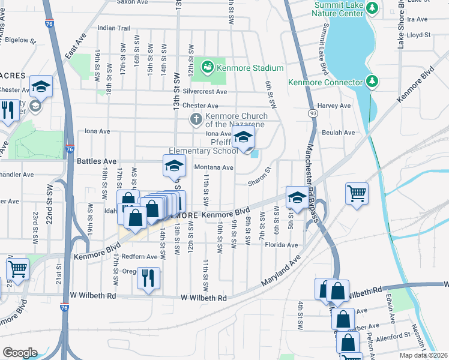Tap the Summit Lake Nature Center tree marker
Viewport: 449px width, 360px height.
(x=373, y=8)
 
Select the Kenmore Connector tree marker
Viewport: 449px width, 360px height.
(x=372, y=81)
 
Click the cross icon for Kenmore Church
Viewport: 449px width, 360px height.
(x=196, y=119)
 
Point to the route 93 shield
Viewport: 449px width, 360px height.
(x=313, y=113)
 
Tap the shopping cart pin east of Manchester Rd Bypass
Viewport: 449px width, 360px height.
(x=357, y=194)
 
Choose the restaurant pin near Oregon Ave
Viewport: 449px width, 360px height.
(x=148, y=278)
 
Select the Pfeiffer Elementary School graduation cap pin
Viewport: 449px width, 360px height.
(x=243, y=137)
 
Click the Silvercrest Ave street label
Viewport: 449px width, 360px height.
(x=205, y=92)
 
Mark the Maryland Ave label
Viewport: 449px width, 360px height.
(x=279, y=271)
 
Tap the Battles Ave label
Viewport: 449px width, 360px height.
(x=97, y=161)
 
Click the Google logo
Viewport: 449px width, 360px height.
(x=20, y=352)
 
